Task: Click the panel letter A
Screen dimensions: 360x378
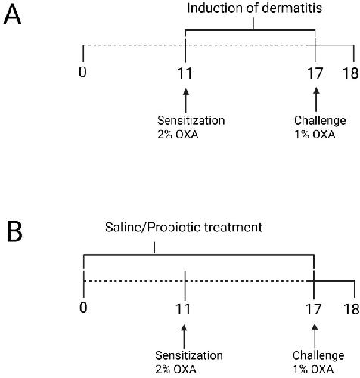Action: [12, 15]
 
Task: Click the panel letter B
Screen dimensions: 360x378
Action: [14, 231]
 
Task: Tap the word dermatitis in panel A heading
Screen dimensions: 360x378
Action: [292, 8]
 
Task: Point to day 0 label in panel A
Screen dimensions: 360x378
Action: [82, 72]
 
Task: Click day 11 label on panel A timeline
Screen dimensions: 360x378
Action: [185, 73]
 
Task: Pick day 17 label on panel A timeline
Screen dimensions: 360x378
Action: [315, 73]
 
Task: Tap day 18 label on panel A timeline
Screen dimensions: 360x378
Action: [350, 73]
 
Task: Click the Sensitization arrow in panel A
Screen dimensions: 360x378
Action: [186, 101]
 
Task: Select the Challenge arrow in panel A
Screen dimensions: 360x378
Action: [316, 100]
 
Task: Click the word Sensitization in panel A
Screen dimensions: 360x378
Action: [191, 120]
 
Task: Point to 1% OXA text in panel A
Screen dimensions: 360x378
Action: [315, 135]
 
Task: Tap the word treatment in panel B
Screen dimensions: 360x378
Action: [233, 227]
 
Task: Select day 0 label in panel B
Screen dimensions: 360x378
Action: [83, 308]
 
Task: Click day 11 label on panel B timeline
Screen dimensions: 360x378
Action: [183, 309]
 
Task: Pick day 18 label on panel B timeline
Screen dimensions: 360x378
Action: [352, 309]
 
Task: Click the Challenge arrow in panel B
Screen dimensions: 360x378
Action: [315, 336]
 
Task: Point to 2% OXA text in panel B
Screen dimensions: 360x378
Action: [175, 370]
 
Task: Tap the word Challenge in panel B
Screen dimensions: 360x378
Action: [318, 355]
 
